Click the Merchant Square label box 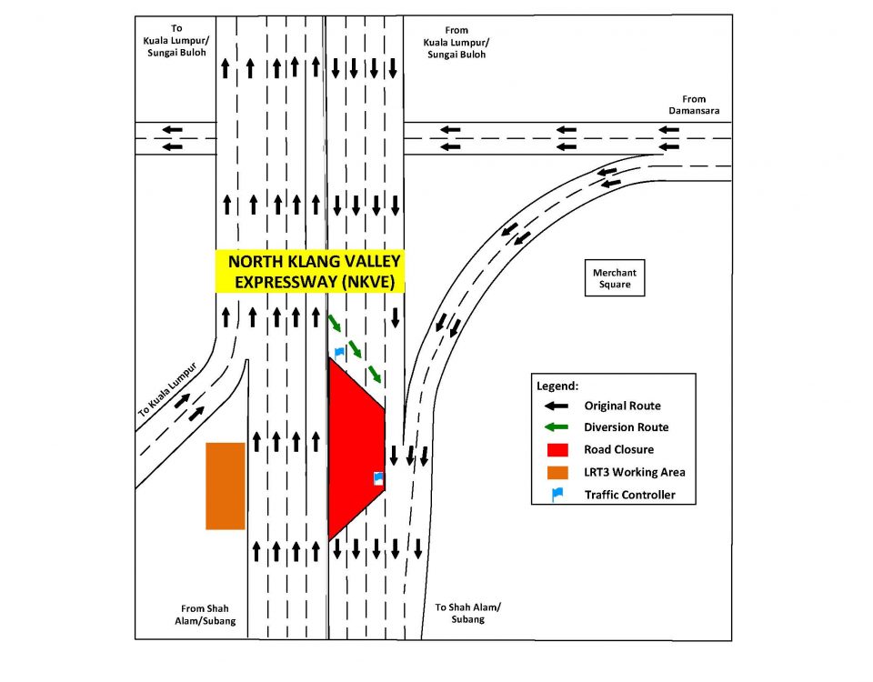pyautogui.click(x=615, y=278)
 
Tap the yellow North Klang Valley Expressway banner pyautogui.click(x=310, y=271)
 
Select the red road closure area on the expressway pyautogui.click(x=356, y=446)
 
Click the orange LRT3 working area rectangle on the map pyautogui.click(x=226, y=486)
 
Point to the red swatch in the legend pyautogui.click(x=557, y=449)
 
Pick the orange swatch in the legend pyautogui.click(x=557, y=472)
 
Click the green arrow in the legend pyautogui.click(x=557, y=427)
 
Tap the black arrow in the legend pyautogui.click(x=557, y=406)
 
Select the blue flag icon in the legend pyautogui.click(x=557, y=495)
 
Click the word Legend pyautogui.click(x=557, y=386)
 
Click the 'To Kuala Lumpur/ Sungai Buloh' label pyautogui.click(x=176, y=41)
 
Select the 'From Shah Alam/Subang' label pyautogui.click(x=208, y=615)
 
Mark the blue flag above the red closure pyautogui.click(x=339, y=350)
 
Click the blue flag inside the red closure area pyautogui.click(x=378, y=477)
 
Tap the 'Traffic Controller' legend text pyautogui.click(x=628, y=496)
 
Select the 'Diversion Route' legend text pyautogui.click(x=626, y=427)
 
